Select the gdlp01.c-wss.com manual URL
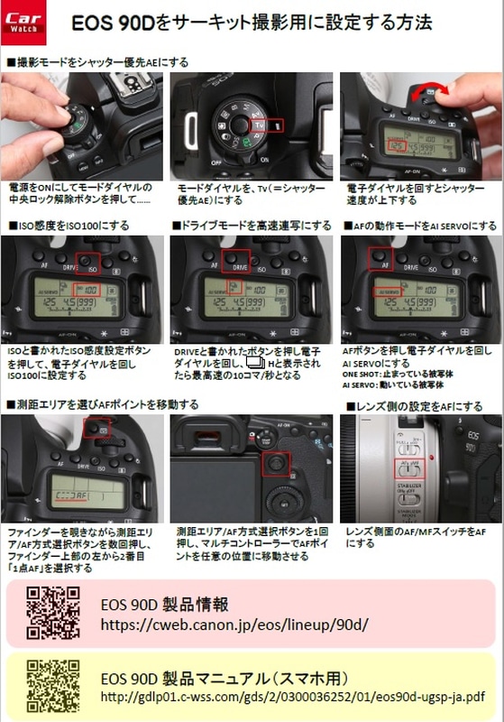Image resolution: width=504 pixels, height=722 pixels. click(289, 697)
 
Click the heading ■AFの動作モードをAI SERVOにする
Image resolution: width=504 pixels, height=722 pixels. click(419, 225)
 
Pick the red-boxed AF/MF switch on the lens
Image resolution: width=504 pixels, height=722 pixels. click(408, 467)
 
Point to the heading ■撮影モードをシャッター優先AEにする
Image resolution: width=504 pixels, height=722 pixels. click(97, 62)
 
